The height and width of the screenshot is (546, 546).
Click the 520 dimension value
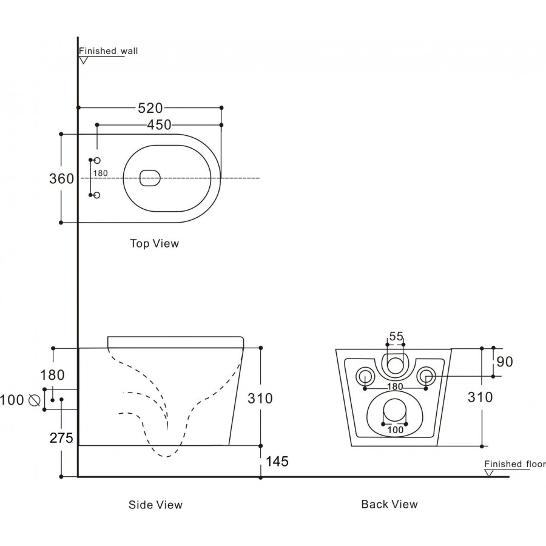[150, 108]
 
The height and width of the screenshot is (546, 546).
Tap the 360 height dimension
[61, 178]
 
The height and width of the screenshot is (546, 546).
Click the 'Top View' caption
[155, 243]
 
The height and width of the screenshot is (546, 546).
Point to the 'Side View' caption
[155, 504]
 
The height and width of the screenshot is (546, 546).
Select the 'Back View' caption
[389, 504]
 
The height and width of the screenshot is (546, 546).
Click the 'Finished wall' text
[109, 51]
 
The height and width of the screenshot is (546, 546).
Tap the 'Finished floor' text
[514, 464]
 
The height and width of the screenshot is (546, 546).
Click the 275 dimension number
[62, 438]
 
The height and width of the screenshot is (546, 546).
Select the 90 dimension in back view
[505, 362]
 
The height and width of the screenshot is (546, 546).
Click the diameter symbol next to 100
[34, 400]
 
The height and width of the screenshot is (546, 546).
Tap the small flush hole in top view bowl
[149, 178]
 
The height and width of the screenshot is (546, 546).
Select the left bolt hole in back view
[365, 376]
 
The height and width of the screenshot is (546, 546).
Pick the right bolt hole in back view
[427, 376]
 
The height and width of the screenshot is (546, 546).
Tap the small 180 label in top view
[101, 174]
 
